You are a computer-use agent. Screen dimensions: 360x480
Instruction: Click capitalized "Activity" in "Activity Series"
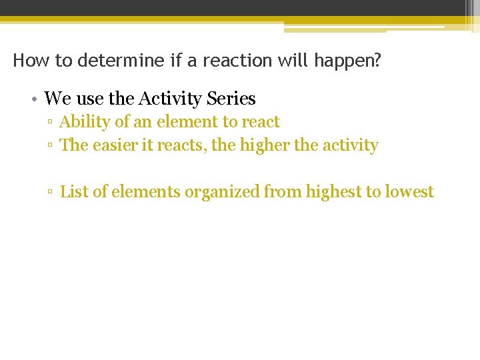[x=170, y=99]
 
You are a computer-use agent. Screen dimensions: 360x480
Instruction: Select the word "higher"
[x=265, y=145]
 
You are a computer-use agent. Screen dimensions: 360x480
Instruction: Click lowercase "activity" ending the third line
[x=351, y=146]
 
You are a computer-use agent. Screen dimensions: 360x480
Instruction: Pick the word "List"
[x=73, y=192]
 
